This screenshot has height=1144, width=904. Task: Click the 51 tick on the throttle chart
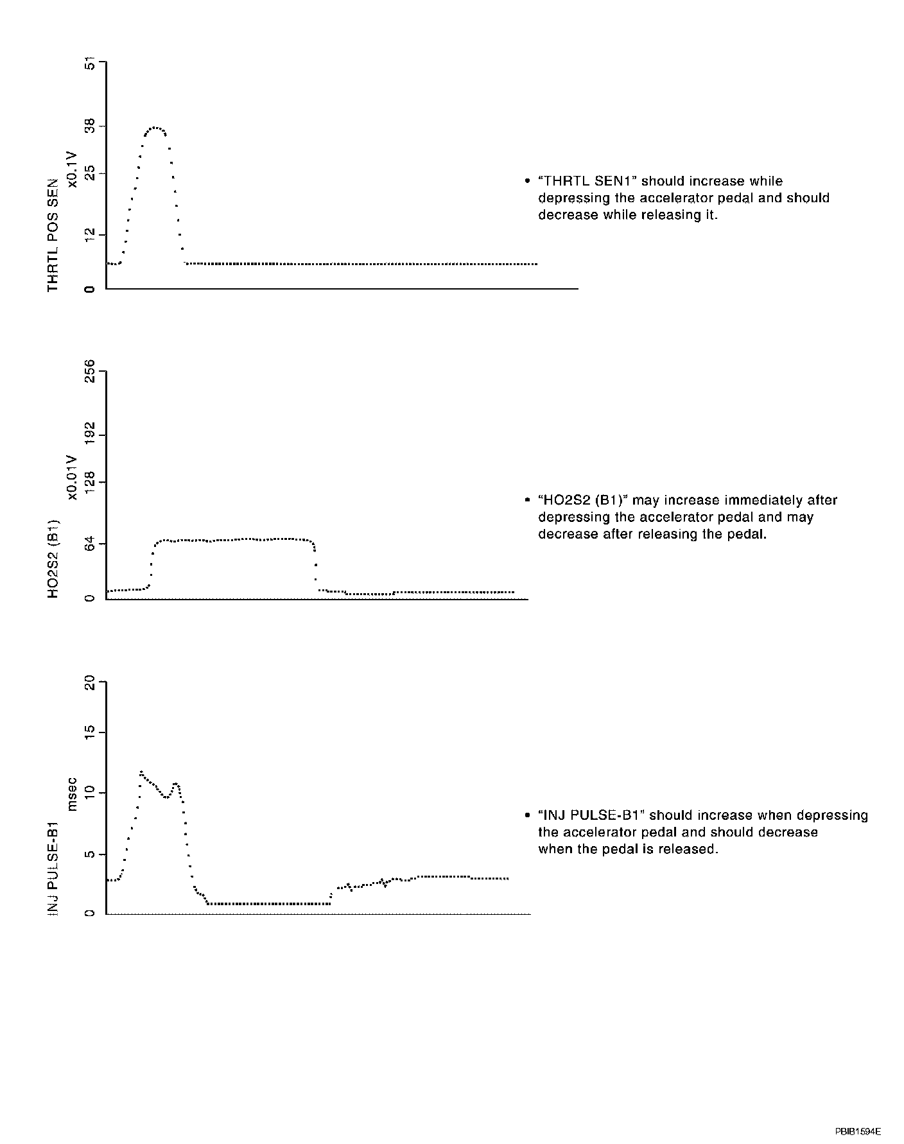91,64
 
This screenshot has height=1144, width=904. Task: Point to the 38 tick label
91,126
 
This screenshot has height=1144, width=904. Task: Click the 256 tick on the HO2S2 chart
91,372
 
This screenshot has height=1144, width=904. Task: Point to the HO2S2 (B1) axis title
53,557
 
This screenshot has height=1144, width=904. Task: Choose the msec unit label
73,794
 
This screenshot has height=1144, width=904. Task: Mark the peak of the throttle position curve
154,128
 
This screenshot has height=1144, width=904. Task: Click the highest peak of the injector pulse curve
141,772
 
